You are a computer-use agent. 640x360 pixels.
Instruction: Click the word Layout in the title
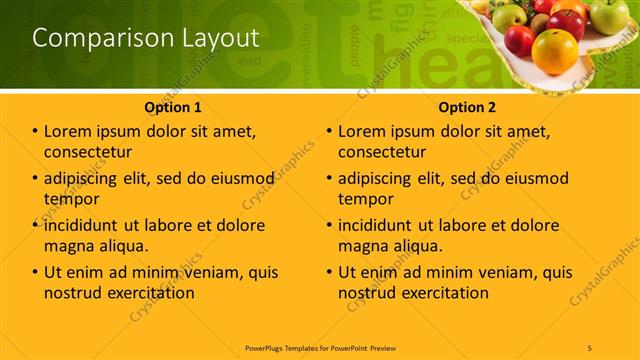tap(216, 38)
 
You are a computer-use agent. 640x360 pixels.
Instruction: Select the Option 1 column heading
tap(173, 106)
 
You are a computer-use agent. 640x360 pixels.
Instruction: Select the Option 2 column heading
tap(467, 106)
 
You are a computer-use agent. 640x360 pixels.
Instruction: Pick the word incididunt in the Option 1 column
tap(90, 225)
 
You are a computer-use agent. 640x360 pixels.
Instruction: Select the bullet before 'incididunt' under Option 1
tap(35, 225)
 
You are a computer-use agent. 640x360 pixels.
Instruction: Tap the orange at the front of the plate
tap(556, 51)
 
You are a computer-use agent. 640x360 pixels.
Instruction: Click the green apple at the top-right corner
tap(609, 14)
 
